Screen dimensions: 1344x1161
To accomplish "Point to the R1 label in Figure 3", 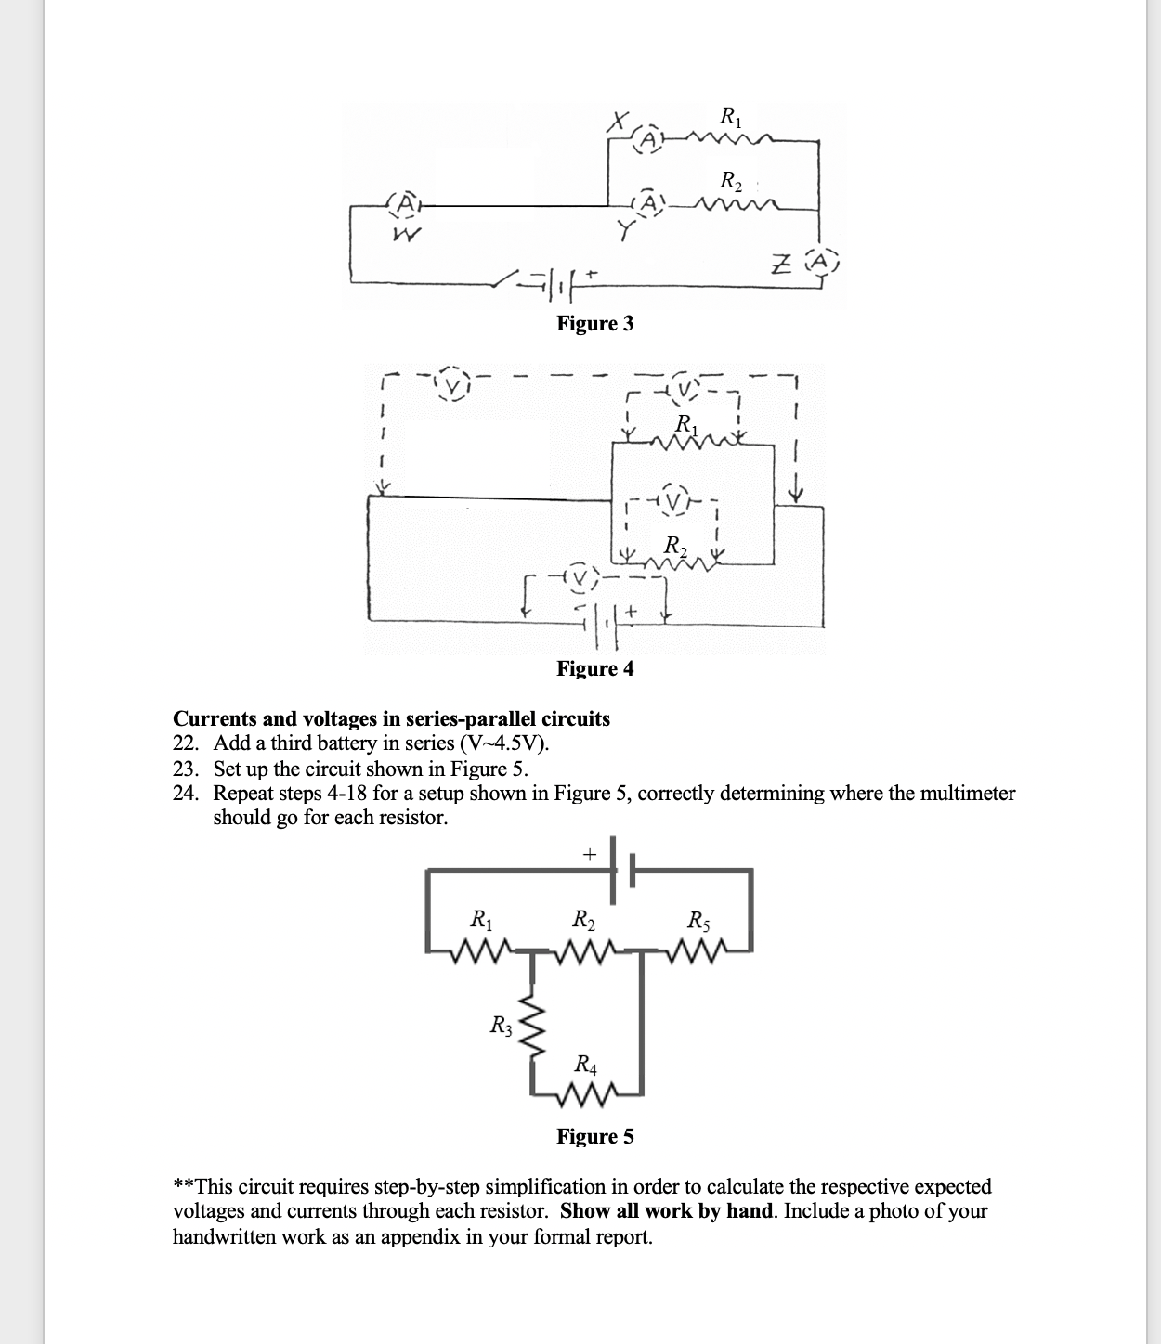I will pyautogui.click(x=730, y=118).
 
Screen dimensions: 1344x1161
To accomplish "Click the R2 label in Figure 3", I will pyautogui.click(x=731, y=178).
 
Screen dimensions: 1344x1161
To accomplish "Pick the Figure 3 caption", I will pyautogui.click(x=594, y=323).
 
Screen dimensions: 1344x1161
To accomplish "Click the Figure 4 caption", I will pyautogui.click(x=594, y=668).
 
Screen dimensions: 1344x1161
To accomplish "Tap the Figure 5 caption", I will pyautogui.click(x=594, y=1136).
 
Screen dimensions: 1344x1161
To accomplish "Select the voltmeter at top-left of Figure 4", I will pyautogui.click(x=455, y=382).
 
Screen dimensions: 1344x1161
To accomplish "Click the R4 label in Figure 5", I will pyautogui.click(x=586, y=1064).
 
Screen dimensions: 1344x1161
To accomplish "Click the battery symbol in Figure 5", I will pyautogui.click(x=622, y=872).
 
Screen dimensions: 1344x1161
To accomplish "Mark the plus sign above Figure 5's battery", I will pyautogui.click(x=588, y=852).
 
